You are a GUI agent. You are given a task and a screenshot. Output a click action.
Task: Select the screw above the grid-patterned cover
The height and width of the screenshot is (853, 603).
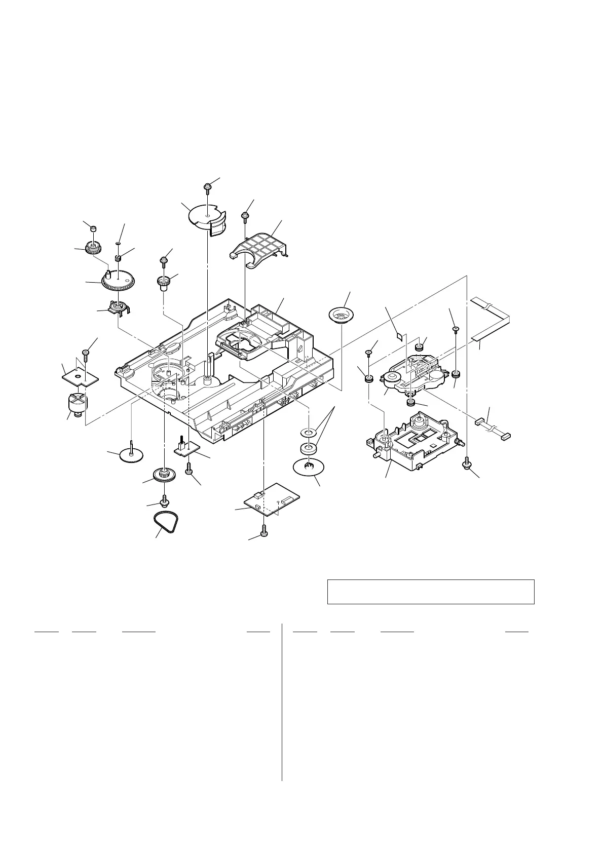pos(245,217)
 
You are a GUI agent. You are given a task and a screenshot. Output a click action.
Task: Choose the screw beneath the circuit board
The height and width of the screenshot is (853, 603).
pos(263,531)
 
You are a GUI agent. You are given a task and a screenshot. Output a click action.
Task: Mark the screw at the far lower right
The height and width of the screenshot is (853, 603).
pos(467,462)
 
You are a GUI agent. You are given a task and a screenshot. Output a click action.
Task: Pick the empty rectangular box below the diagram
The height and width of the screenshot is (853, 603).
pos(431,591)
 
